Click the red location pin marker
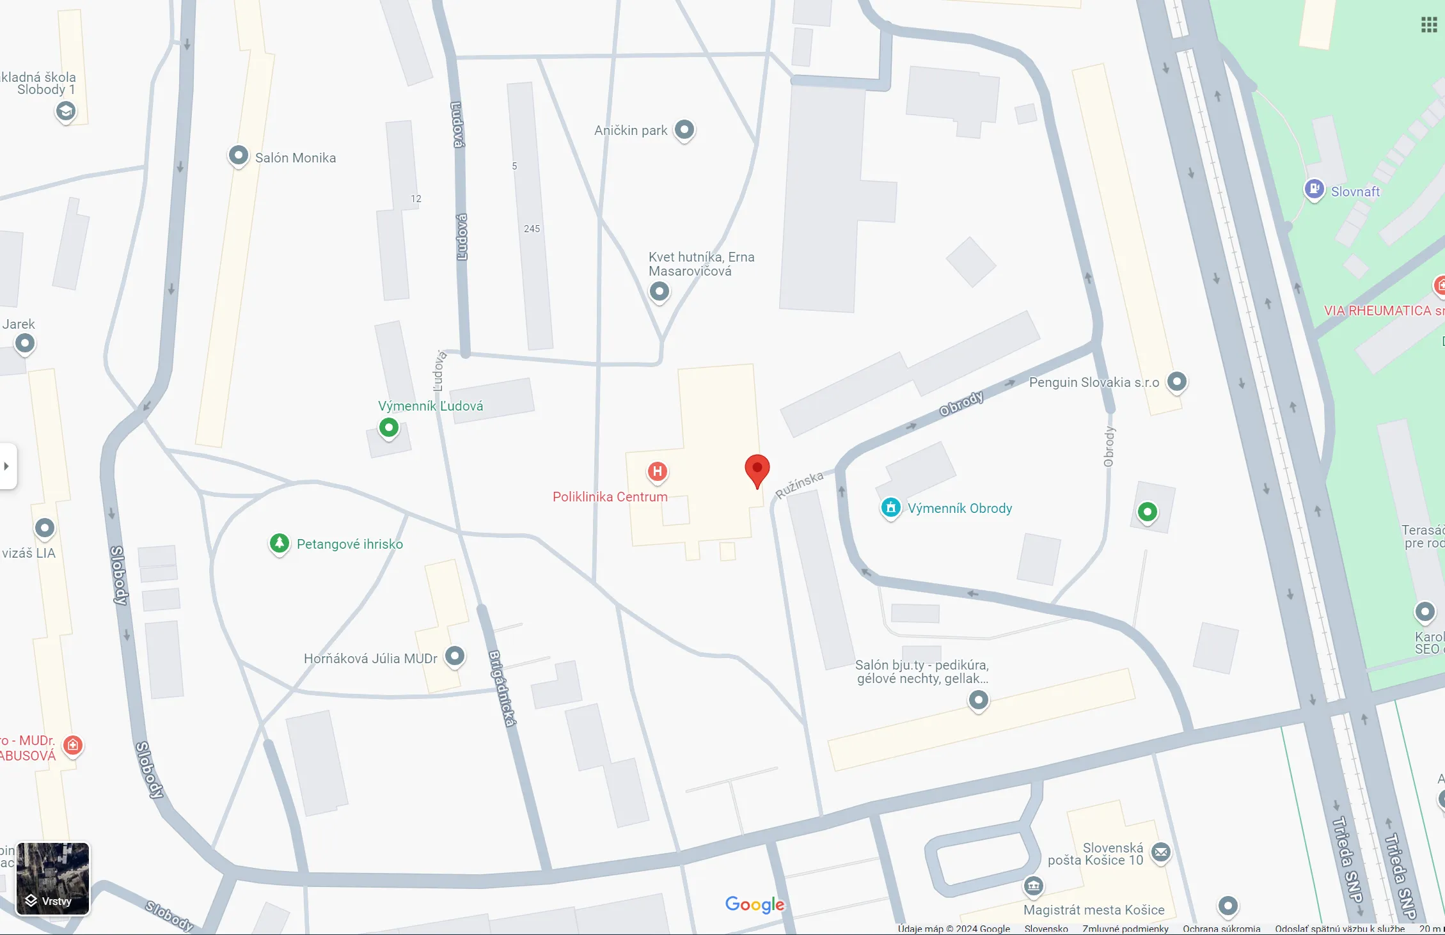[757, 469]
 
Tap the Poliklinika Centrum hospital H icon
[657, 472]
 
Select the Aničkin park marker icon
[684, 130]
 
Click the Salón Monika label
[295, 158]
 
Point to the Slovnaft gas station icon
[1314, 189]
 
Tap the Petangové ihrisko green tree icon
[279, 544]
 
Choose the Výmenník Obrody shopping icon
[890, 508]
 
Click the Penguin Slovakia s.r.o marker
[1177, 382]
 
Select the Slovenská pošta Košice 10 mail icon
[1161, 852]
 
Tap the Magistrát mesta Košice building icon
[1033, 886]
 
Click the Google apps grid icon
[1429, 25]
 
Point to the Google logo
[755, 904]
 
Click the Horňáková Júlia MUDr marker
[455, 656]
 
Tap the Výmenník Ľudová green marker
[389, 427]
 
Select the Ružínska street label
[799, 485]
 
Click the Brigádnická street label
[502, 688]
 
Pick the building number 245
[532, 229]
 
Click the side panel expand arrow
[7, 466]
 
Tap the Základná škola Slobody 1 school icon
[65, 111]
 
